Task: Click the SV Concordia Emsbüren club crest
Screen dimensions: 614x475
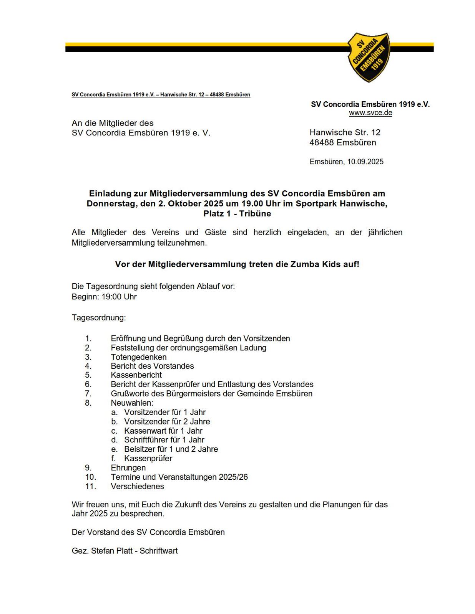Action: click(x=369, y=57)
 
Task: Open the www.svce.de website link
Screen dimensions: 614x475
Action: click(x=370, y=113)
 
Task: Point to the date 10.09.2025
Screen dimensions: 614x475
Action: click(x=365, y=162)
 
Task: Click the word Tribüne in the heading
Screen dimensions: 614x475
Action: click(x=255, y=214)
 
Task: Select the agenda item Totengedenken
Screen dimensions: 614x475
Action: click(x=138, y=357)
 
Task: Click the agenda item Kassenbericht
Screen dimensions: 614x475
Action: click(x=136, y=375)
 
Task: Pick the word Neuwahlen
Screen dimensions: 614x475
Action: click(x=132, y=403)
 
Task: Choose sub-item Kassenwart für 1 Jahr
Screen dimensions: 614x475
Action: click(x=163, y=431)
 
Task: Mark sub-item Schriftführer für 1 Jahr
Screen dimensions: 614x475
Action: click(x=164, y=440)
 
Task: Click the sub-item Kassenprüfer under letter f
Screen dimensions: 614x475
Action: click(x=148, y=458)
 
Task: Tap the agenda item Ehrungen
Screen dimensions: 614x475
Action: click(x=128, y=467)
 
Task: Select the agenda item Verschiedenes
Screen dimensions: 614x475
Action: click(x=137, y=486)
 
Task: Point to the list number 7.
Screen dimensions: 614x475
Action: click(x=88, y=393)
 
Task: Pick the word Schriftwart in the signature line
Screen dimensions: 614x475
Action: click(x=158, y=551)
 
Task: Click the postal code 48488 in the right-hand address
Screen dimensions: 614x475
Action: click(x=322, y=142)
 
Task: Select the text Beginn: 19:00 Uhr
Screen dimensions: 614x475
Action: click(x=104, y=297)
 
